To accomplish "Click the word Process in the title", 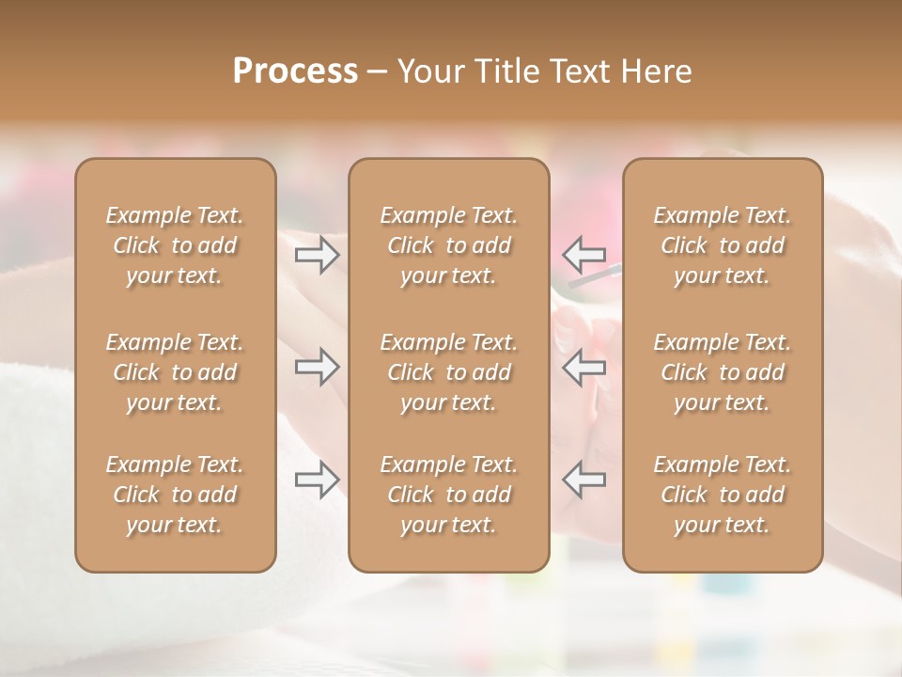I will [295, 71].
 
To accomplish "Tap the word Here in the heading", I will [657, 71].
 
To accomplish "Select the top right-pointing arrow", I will [317, 255].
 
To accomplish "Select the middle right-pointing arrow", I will [317, 367].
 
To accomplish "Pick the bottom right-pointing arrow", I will [317, 480].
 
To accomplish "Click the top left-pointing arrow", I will [583, 255].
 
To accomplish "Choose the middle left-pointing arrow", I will [583, 367].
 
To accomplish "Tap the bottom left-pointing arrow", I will [583, 480].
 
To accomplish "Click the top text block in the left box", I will [175, 245].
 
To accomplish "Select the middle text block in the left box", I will [175, 372].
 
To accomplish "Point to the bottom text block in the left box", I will [175, 495].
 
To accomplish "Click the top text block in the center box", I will [448, 245].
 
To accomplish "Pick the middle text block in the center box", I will [448, 372].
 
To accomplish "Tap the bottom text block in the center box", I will [448, 495].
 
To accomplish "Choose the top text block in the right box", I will [722, 245].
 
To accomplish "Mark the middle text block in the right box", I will [722, 372].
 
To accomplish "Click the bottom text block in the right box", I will [722, 495].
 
